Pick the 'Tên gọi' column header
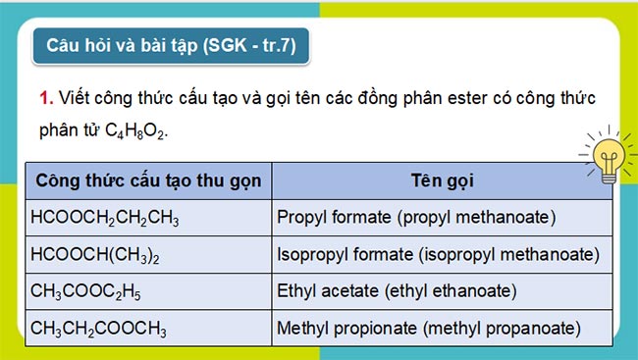point(442,182)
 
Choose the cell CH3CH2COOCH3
point(99,328)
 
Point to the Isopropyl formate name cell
point(438,254)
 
